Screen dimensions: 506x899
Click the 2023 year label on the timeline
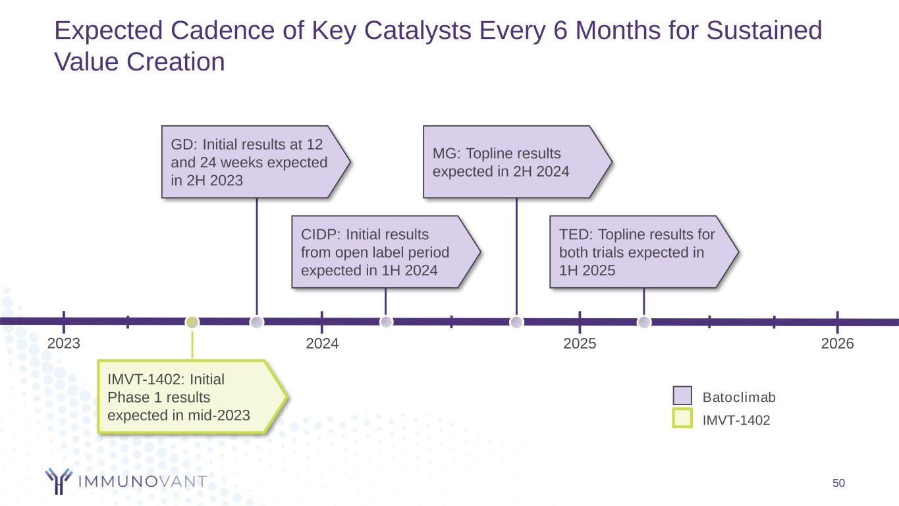click(64, 344)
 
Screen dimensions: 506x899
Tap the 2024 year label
click(322, 344)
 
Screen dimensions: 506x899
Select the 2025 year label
click(580, 344)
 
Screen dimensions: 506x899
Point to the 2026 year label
click(838, 344)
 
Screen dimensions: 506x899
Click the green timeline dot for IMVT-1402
click(192, 322)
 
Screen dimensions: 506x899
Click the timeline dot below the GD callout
click(257, 322)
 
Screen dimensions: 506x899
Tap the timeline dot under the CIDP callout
click(387, 322)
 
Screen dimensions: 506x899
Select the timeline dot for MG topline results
click(517, 322)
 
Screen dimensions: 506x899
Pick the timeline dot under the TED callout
click(644, 322)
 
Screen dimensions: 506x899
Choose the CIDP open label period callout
click(382, 252)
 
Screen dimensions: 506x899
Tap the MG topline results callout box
click(510, 162)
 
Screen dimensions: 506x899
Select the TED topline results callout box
click(639, 252)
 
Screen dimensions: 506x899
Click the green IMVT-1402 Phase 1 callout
click(188, 397)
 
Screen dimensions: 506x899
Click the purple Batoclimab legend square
click(682, 396)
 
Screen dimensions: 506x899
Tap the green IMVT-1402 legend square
click(682, 419)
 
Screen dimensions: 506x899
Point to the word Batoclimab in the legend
click(740, 397)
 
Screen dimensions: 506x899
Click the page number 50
click(838, 484)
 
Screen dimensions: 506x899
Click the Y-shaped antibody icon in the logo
click(58, 481)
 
